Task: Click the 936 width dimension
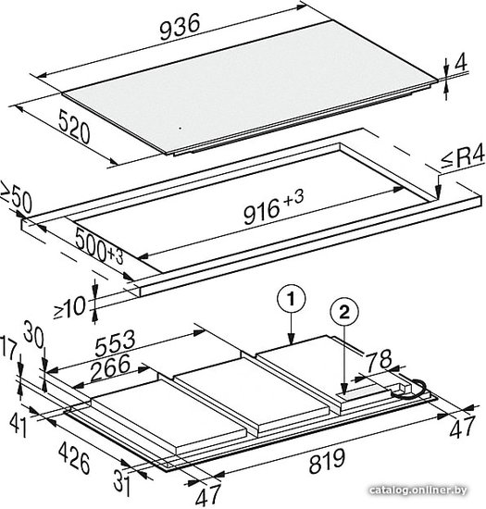point(180,27)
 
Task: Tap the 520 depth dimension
point(74,126)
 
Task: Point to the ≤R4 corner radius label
point(463,159)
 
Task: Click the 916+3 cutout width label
point(274,207)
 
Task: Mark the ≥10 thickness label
point(69,307)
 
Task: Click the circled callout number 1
point(291,299)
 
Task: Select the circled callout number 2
point(344,312)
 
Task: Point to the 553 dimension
point(115,342)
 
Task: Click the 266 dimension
point(110,367)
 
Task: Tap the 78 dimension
point(379,359)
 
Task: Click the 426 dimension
point(74,458)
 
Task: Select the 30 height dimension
point(33,333)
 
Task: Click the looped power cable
point(410,389)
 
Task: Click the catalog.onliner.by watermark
point(418,490)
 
